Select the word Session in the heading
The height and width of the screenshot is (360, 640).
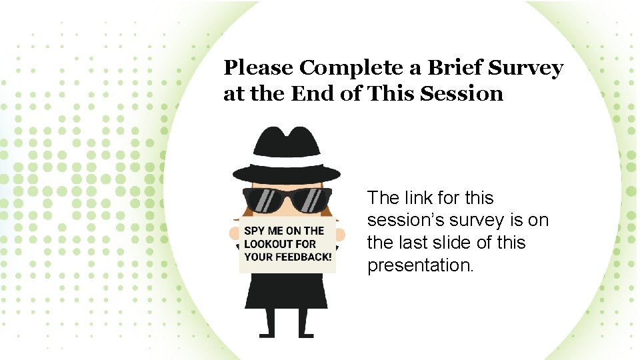[x=462, y=93]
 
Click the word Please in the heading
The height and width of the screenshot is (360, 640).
[x=258, y=68]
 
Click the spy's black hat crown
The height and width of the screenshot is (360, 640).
[x=287, y=143]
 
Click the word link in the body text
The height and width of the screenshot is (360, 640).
[x=420, y=198]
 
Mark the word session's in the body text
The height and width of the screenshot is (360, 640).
[x=407, y=220]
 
